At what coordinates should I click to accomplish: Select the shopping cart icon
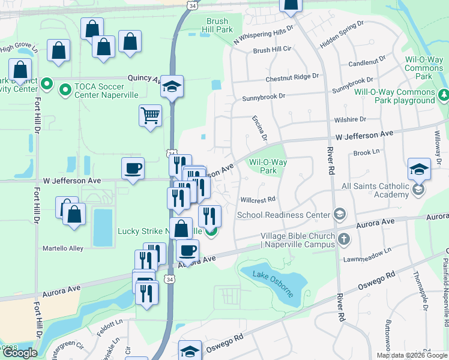(x=150, y=115)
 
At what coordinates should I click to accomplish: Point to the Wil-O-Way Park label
(x=268, y=166)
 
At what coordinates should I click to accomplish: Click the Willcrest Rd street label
(x=258, y=199)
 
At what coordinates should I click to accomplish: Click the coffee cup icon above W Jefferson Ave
(x=133, y=168)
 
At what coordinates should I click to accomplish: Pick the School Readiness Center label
(x=284, y=215)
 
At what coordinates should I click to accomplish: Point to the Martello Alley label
(x=63, y=248)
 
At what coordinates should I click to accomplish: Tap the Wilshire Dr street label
(x=350, y=119)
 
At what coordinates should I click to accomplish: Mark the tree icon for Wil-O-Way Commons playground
(x=444, y=95)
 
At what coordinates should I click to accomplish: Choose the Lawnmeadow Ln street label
(x=367, y=254)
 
